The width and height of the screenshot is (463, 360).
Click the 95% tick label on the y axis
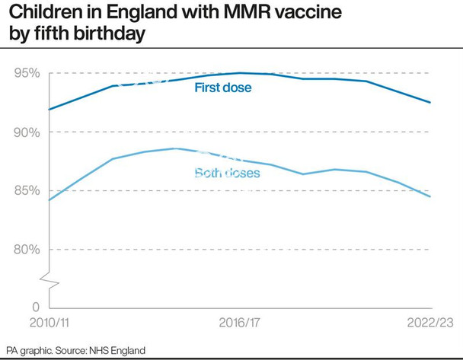point(26,73)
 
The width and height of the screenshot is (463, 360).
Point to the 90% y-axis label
point(26,132)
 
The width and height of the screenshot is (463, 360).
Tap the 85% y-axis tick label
point(26,190)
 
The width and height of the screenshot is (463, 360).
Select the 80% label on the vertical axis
point(26,250)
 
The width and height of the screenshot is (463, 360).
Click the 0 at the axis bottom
point(34,306)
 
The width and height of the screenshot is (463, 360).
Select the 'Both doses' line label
point(227,174)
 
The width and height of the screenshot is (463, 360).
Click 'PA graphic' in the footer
point(29,350)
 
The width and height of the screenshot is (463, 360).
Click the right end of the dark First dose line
point(430,102)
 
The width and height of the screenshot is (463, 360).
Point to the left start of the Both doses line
point(49,200)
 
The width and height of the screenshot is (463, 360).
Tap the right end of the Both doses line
point(430,197)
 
